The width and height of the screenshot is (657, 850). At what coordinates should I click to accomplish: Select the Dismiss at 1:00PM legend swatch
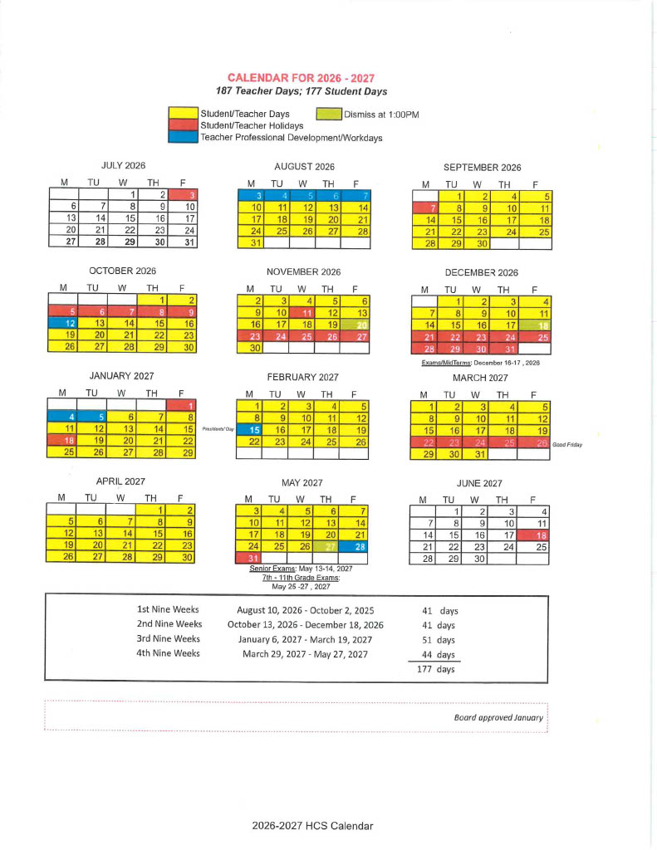point(331,114)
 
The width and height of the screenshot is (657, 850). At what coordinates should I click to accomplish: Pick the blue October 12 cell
point(64,323)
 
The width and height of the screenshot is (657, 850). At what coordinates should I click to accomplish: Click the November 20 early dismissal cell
point(357,324)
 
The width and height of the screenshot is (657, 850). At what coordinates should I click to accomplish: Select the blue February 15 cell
point(250,429)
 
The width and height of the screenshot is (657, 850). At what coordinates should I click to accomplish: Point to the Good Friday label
point(567,444)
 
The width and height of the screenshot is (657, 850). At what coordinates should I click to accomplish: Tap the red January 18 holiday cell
point(64,441)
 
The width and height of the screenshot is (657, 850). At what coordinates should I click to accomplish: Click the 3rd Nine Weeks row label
point(169,639)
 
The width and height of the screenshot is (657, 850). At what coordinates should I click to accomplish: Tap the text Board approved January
point(498,717)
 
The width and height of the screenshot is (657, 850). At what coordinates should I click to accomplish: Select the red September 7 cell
point(426,207)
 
